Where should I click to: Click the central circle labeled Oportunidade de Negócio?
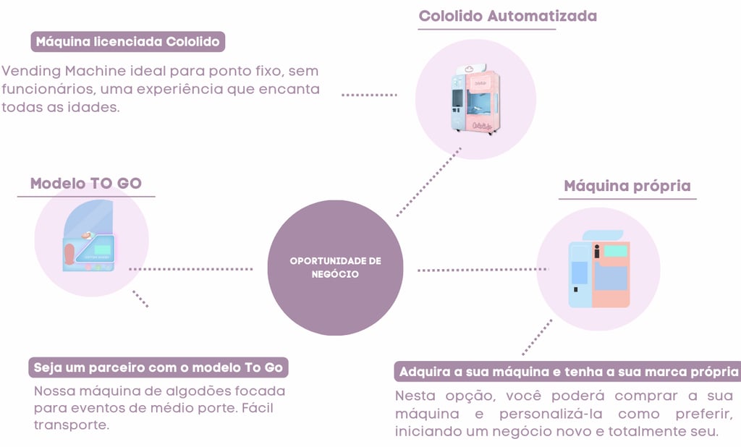point(335,268)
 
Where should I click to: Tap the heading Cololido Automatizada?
point(508,15)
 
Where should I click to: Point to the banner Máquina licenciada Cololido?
point(127,41)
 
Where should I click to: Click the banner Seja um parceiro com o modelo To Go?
point(158,367)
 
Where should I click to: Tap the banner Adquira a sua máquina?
point(567,372)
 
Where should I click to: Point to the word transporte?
point(70,425)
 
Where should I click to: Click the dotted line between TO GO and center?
point(191,269)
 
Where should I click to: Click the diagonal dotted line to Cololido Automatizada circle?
point(428,182)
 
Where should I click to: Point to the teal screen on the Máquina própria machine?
point(616,251)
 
